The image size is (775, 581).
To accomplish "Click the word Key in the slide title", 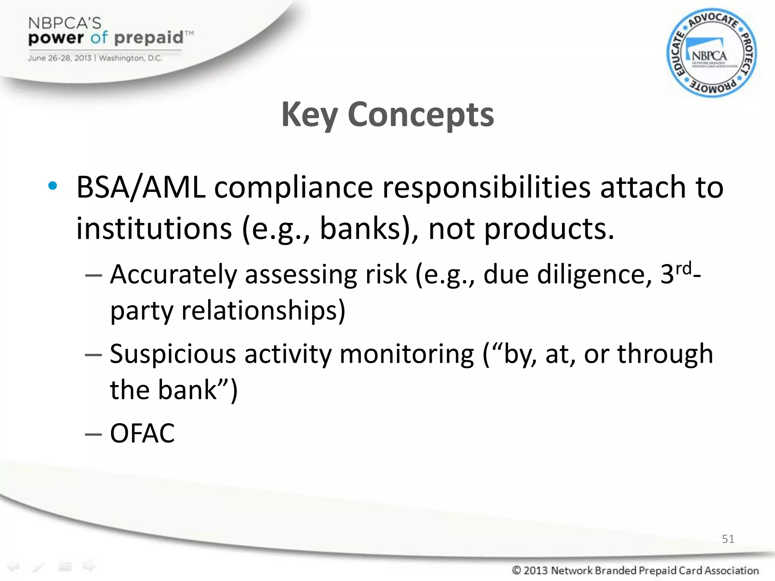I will click(309, 115).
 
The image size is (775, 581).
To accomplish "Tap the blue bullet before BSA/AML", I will click(53, 186).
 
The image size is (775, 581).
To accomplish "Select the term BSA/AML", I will click(141, 188).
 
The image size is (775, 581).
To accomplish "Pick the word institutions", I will click(154, 229).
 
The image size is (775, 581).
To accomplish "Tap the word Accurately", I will click(173, 275).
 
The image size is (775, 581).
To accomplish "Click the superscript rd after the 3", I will click(684, 268).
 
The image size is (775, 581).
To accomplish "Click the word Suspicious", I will click(173, 354).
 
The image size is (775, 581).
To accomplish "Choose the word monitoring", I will click(407, 354).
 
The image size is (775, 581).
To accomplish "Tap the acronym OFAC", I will click(142, 433).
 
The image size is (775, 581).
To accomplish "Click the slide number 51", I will click(728, 539).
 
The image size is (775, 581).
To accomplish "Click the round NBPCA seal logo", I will click(711, 53).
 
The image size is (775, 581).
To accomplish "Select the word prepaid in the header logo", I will click(149, 38).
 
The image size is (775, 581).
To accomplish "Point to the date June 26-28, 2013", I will click(59, 58).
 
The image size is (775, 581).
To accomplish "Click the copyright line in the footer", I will click(635, 570).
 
